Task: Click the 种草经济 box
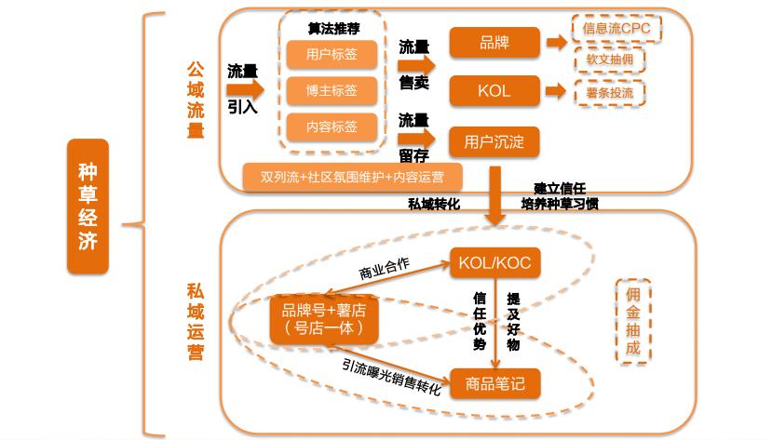click(x=88, y=207)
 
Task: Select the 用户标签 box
click(x=332, y=55)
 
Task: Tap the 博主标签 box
click(x=332, y=90)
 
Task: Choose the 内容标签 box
click(x=332, y=127)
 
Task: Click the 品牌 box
click(x=494, y=43)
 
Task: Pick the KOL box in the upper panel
click(x=494, y=91)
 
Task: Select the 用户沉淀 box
click(x=494, y=141)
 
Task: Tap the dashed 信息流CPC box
click(x=616, y=28)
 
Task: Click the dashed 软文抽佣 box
click(x=609, y=60)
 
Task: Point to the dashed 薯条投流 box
click(x=609, y=92)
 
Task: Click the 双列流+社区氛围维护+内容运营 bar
click(x=352, y=176)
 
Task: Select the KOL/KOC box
click(x=494, y=262)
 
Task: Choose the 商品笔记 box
click(x=494, y=382)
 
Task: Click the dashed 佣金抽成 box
click(x=633, y=321)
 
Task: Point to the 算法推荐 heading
click(x=332, y=27)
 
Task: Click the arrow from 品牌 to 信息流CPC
click(x=556, y=43)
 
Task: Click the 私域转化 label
click(x=434, y=203)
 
